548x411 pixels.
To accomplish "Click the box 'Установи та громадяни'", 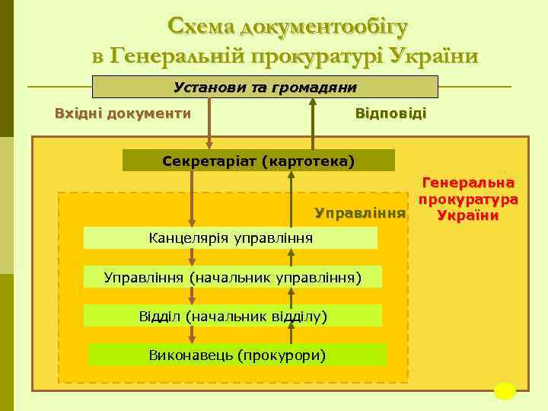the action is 265,87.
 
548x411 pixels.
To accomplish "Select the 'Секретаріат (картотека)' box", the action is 259,161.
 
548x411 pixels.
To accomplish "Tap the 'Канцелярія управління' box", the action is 231,238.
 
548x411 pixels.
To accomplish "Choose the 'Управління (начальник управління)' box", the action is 232,277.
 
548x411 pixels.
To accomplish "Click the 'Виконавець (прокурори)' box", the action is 237,355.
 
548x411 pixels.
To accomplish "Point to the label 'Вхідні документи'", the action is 123,113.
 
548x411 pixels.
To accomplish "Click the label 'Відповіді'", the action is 390,113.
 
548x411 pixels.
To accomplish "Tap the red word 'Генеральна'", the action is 468,183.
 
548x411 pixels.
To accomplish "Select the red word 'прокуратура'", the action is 468,199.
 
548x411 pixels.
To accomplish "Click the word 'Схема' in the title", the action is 201,27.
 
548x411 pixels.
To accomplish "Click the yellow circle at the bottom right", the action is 505,390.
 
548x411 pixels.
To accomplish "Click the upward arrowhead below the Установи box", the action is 312,104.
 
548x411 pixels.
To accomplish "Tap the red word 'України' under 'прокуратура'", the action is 468,215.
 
